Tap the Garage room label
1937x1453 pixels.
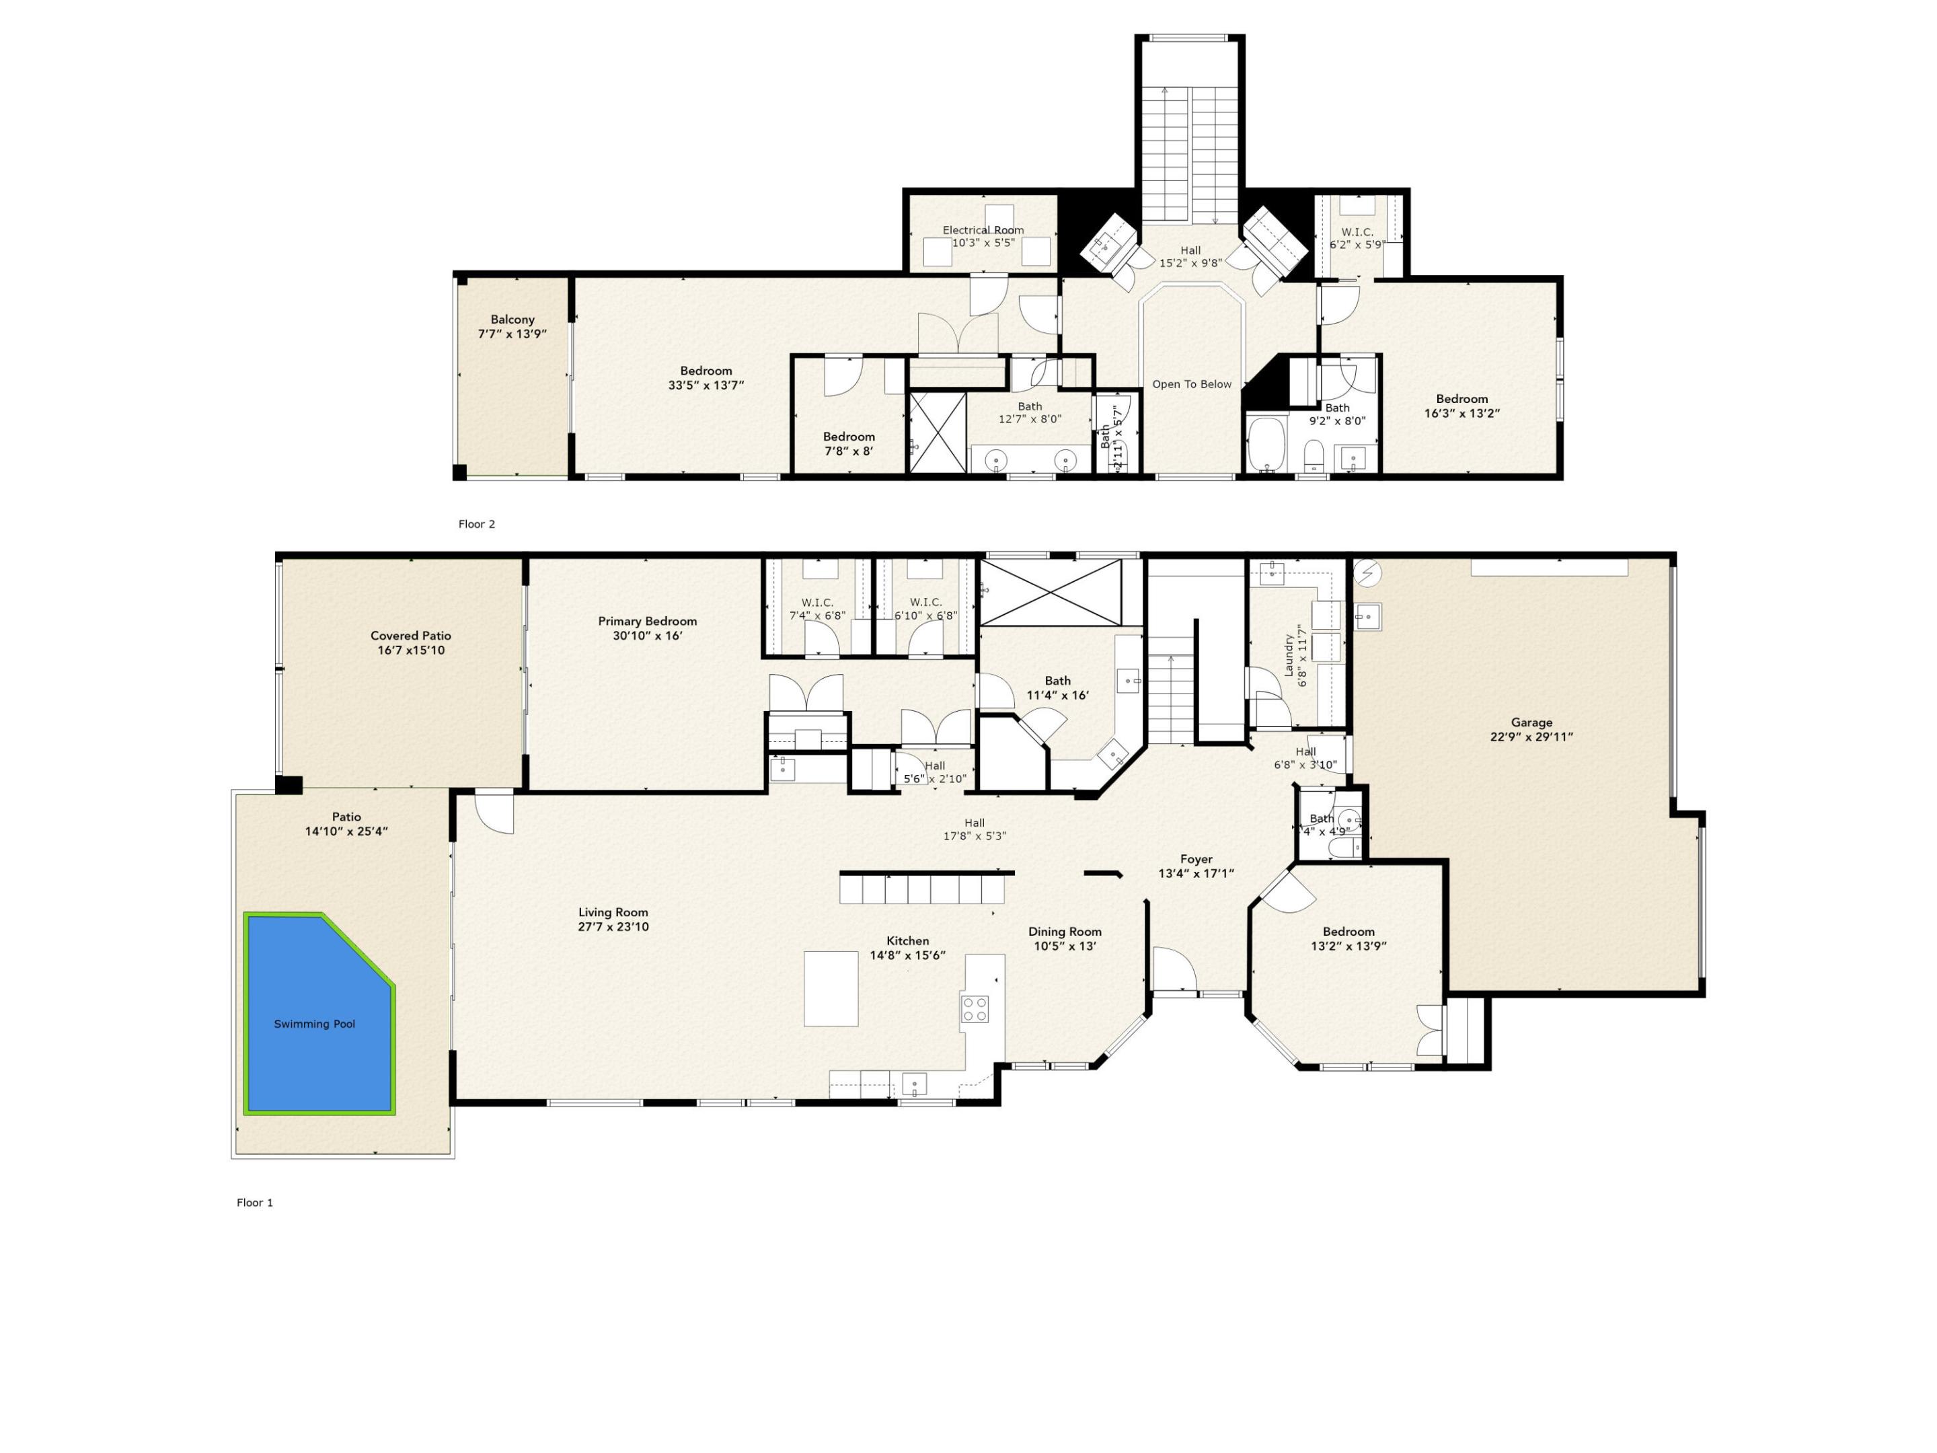point(1531,722)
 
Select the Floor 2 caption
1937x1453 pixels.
point(476,524)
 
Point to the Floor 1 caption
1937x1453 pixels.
point(255,1203)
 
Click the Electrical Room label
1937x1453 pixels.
point(983,230)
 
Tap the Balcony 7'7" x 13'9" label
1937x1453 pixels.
point(512,327)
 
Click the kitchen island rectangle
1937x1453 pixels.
point(831,988)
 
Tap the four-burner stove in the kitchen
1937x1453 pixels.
point(975,1009)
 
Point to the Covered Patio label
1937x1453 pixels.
point(411,636)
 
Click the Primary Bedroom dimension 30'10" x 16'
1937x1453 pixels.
point(647,636)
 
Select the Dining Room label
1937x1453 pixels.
point(1065,931)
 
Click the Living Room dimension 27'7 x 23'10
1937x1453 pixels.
point(613,927)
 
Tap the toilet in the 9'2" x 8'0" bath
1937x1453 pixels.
point(1313,455)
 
